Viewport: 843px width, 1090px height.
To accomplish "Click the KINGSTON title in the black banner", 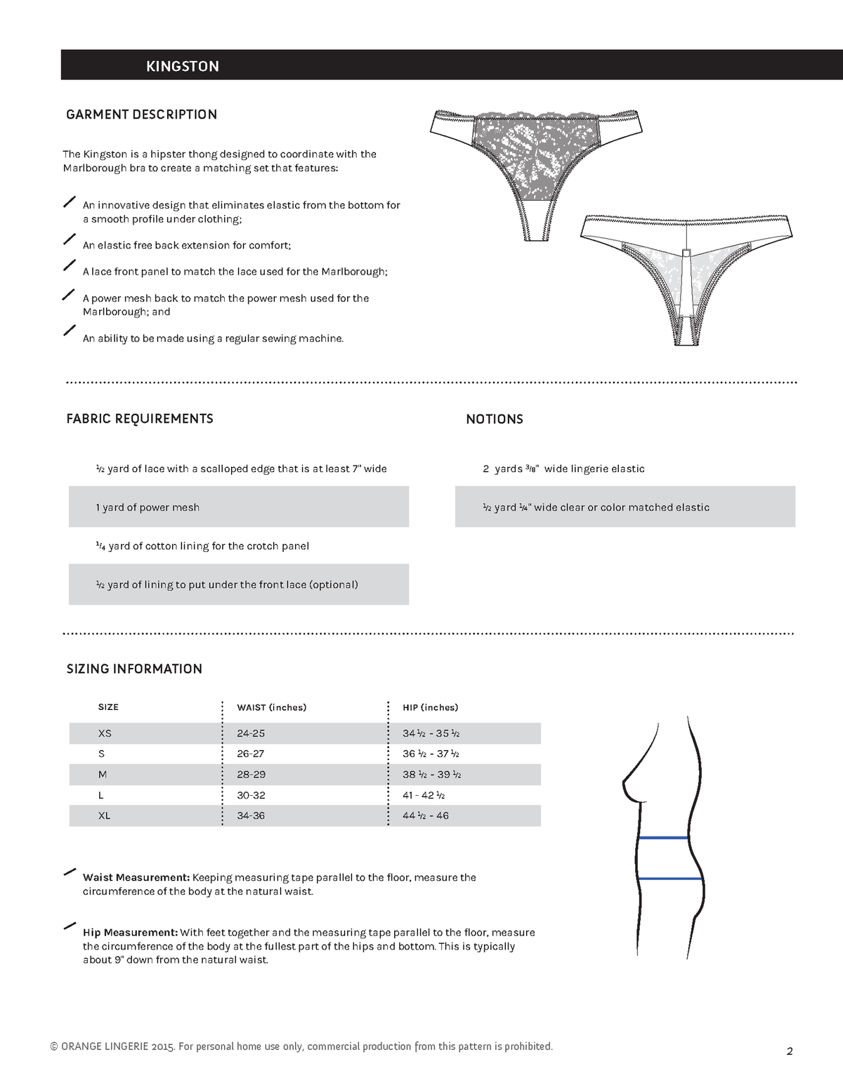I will [x=182, y=66].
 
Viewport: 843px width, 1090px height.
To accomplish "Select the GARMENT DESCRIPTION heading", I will [x=141, y=114].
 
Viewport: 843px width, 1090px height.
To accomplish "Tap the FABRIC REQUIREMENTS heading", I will [x=139, y=419].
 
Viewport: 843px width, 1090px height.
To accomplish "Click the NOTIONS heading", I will [x=495, y=419].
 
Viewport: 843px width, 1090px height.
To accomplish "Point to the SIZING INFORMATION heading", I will [x=134, y=669].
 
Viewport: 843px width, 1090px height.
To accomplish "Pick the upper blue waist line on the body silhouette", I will [x=663, y=838].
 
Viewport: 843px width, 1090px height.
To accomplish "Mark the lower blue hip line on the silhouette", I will [x=670, y=879].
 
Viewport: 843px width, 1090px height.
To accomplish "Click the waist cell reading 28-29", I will [x=251, y=775].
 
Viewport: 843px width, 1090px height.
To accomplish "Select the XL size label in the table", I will [x=104, y=815].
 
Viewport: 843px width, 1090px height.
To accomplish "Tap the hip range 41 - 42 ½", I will [x=424, y=795].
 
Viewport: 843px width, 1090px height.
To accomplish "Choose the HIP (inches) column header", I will [x=430, y=707].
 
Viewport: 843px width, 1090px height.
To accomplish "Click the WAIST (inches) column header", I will [x=271, y=707].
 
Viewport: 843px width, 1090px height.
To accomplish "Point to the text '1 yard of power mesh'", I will [x=148, y=507].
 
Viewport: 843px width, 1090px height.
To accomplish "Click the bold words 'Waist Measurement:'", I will [x=136, y=877].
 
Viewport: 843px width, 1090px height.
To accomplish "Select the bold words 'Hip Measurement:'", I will [x=130, y=933].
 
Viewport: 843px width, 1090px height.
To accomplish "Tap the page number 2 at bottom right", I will [x=790, y=1051].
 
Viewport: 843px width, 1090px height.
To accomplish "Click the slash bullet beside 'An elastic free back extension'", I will [x=70, y=239].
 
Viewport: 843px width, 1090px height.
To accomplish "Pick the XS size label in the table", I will [x=105, y=733].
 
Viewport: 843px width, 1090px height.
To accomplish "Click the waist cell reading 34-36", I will [x=251, y=815].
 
